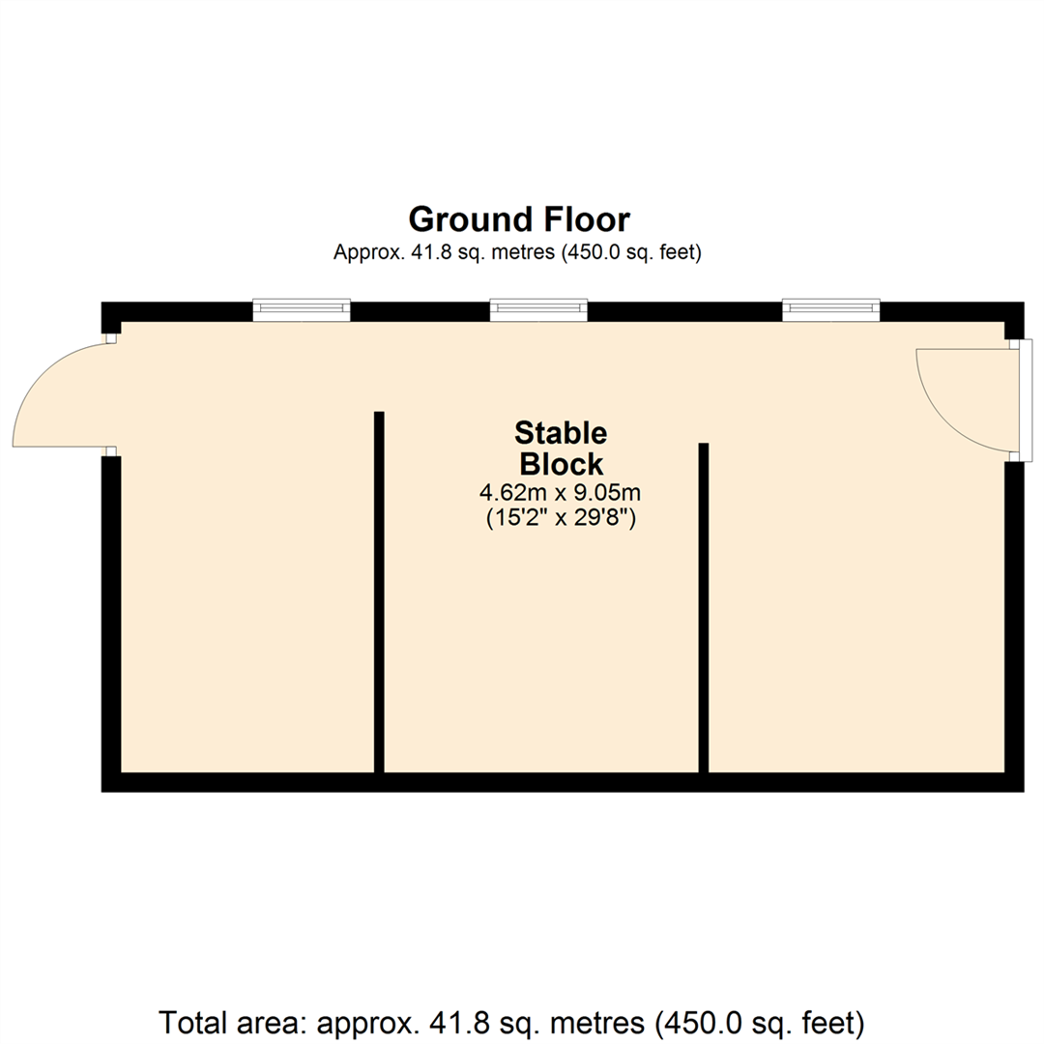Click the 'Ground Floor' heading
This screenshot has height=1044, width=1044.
519,219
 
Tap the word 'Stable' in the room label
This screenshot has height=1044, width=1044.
561,432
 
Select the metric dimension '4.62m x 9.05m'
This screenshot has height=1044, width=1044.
561,493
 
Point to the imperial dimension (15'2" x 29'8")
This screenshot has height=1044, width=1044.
561,519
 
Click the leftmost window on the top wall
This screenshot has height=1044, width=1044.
302,309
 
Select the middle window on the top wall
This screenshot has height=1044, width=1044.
538,309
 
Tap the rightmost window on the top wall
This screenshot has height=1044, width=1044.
831,309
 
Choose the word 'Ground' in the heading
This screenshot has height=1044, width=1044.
466,219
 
